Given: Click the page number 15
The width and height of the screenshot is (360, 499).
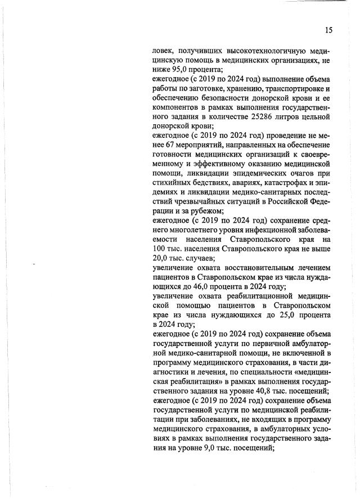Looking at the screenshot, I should (x=329, y=30).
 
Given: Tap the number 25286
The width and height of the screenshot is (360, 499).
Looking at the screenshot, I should (x=262, y=116).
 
